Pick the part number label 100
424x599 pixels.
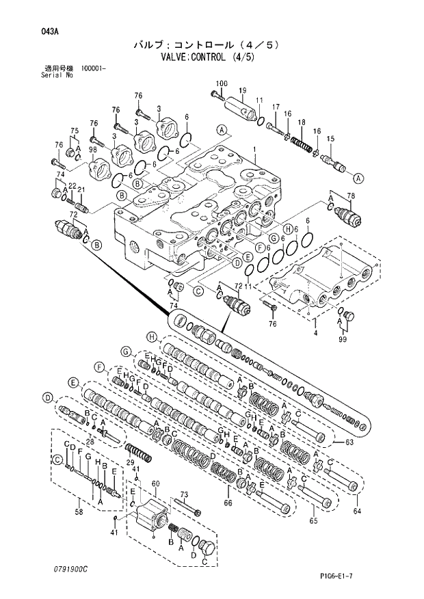point(221,84)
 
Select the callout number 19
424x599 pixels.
point(242,90)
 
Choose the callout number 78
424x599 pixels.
point(351,197)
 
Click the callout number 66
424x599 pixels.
point(227,504)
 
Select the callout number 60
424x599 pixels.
point(155,483)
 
